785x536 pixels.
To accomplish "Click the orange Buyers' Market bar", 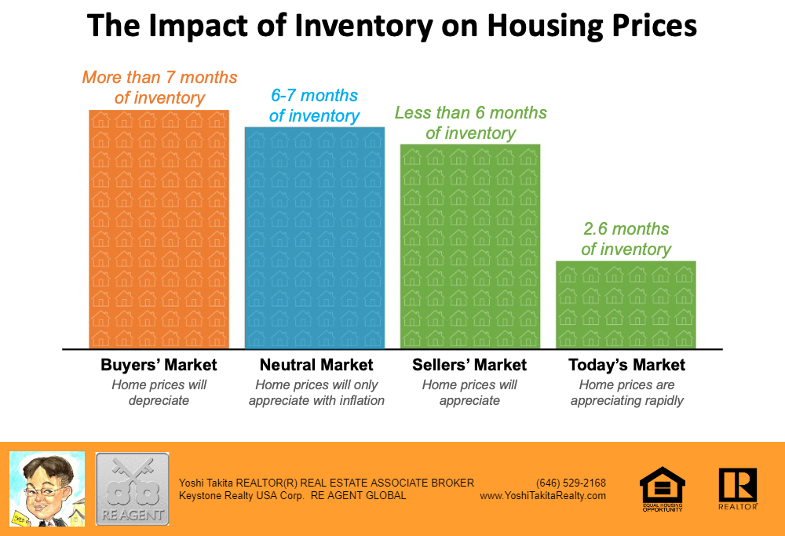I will [x=159, y=229].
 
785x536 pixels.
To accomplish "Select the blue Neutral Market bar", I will [x=314, y=238].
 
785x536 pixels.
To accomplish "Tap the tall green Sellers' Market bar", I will [x=470, y=246].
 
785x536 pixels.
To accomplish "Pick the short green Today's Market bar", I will [x=626, y=304].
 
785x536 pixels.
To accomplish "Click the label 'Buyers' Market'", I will [x=159, y=365].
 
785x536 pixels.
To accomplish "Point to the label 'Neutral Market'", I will [x=316, y=365].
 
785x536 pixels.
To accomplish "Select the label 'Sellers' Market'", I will [x=469, y=365].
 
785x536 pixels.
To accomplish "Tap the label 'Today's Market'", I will [x=626, y=365].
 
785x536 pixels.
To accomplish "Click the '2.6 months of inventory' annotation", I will [x=626, y=239].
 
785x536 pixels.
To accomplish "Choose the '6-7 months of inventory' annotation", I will [x=314, y=106].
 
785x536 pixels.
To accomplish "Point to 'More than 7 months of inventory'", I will [x=159, y=88].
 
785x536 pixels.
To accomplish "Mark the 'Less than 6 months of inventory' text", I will [x=470, y=122].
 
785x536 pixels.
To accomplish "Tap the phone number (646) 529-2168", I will [x=571, y=483].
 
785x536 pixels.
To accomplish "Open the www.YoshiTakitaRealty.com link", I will [x=542, y=495].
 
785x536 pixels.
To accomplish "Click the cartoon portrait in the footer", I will [x=46, y=488].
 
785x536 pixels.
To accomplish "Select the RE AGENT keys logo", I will [x=132, y=488].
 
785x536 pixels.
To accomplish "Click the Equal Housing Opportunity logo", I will [x=661, y=489].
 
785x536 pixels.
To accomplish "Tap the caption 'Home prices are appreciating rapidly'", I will [x=626, y=392].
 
